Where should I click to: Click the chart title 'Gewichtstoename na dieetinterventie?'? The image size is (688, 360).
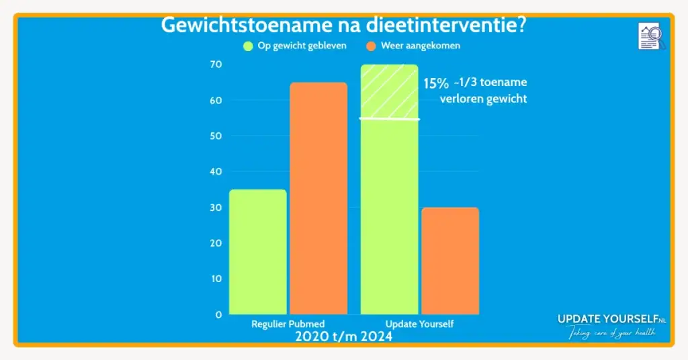(x=343, y=26)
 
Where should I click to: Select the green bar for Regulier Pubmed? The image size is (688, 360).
(x=258, y=252)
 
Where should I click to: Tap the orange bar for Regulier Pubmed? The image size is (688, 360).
(x=318, y=198)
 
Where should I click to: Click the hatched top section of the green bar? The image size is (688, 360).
(x=389, y=91)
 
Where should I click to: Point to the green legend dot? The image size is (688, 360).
(x=248, y=46)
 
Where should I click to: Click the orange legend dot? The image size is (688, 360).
(x=371, y=46)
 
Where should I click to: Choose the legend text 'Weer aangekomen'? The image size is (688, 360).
(x=421, y=46)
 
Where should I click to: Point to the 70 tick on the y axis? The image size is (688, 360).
(x=216, y=64)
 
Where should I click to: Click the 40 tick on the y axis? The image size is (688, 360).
(x=216, y=171)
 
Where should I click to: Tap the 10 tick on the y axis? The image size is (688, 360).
(x=216, y=279)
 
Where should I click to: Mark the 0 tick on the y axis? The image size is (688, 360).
(x=218, y=314)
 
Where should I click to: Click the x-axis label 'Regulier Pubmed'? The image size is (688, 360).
(x=288, y=324)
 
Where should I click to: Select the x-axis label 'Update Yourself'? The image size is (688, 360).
(x=419, y=324)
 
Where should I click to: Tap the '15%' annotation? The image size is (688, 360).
(x=435, y=84)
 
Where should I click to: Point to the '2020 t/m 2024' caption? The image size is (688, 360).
(x=343, y=336)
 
